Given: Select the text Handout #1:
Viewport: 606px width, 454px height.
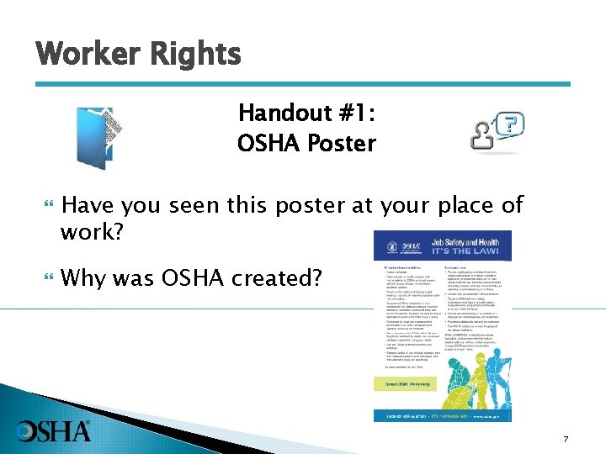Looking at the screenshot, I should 306,113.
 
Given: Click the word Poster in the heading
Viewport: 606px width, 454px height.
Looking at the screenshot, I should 341,143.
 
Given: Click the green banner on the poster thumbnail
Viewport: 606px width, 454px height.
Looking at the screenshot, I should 411,383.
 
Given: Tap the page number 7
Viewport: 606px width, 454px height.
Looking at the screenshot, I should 566,440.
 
